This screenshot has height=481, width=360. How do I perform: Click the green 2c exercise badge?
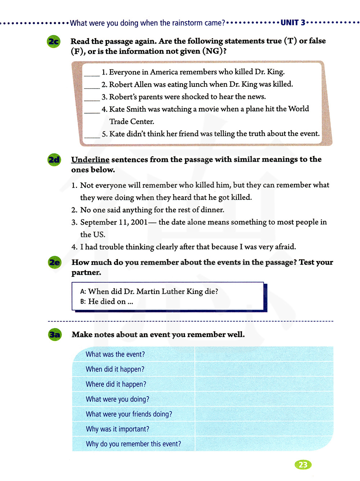[x=54, y=42]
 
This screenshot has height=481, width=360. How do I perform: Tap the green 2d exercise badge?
[x=54, y=159]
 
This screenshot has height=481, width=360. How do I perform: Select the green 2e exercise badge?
[x=54, y=262]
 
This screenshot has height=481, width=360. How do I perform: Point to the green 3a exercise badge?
[x=55, y=335]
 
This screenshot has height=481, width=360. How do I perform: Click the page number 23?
[x=303, y=465]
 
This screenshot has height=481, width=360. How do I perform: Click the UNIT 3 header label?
[x=293, y=23]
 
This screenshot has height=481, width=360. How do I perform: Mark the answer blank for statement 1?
[x=92, y=73]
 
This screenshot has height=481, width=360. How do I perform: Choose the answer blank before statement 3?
[x=92, y=98]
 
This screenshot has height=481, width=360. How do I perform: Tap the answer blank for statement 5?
[x=92, y=135]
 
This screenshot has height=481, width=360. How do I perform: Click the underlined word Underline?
[x=90, y=159]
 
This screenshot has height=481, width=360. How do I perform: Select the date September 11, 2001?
[x=114, y=222]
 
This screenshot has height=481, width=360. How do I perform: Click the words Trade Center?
[x=131, y=122]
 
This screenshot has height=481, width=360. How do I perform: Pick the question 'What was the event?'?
[x=115, y=354]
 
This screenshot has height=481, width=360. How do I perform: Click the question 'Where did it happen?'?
[x=116, y=384]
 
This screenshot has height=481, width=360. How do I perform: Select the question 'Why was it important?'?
[x=117, y=429]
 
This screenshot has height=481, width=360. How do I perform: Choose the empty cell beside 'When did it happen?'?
[x=264, y=369]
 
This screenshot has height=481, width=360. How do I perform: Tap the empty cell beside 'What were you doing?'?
[x=264, y=399]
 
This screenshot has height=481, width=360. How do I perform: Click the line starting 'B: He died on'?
[x=107, y=302]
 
